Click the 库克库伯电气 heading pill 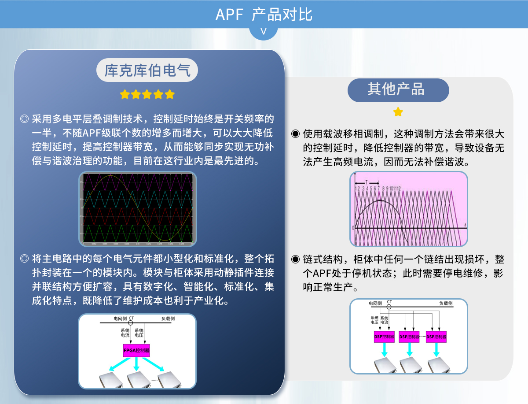pos(147,70)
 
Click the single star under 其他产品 pos(398,112)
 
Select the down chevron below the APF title pos(264,32)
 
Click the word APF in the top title pos(229,15)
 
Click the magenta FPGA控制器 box pos(136,351)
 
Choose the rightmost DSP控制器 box pos(436,337)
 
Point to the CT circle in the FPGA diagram pos(130,323)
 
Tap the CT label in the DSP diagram pos(389,302)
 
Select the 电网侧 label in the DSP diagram pos(375,303)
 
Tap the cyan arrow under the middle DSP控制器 pos(409,350)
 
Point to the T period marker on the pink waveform pos(366,181)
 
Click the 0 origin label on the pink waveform pos(353,228)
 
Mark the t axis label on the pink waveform pos(465,225)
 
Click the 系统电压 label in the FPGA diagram pos(139,333)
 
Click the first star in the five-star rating pos(125,94)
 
